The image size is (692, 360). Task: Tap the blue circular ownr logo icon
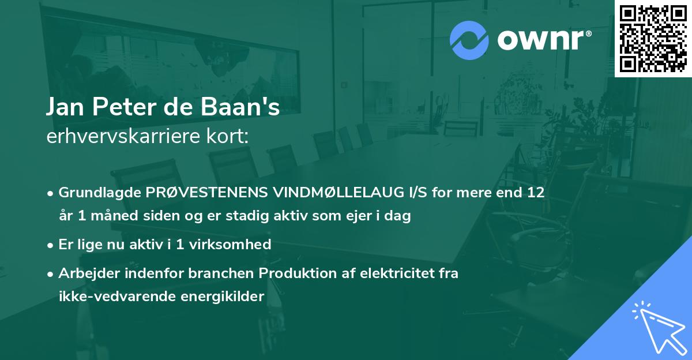coord(469,40)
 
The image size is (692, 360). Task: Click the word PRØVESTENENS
coord(188,192)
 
